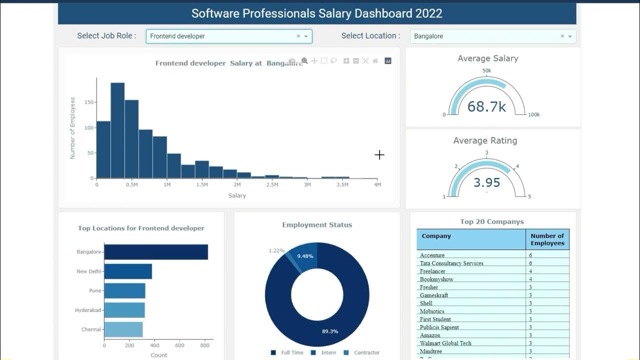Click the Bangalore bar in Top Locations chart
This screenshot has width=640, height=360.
[x=156, y=252]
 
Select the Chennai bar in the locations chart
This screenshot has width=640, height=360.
[x=123, y=329]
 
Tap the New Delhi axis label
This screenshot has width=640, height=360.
[x=88, y=271]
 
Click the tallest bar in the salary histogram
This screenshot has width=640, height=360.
[x=117, y=130]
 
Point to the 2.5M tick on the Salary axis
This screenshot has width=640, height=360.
[x=272, y=185]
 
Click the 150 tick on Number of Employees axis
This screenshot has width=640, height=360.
[x=88, y=102]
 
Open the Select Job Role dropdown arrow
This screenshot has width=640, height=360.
[x=306, y=36]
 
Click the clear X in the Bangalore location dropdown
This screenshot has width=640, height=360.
[x=562, y=36]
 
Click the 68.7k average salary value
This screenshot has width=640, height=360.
[x=486, y=106]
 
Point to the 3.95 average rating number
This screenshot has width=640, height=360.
[x=486, y=182]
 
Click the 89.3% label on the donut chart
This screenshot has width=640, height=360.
[x=330, y=331]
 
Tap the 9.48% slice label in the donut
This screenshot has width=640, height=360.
[x=305, y=256]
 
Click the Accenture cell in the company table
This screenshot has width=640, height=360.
[x=432, y=255]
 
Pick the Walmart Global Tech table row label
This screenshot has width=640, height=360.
[x=445, y=343]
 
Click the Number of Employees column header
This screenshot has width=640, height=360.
[x=547, y=239]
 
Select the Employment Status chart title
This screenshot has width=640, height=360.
[x=317, y=225]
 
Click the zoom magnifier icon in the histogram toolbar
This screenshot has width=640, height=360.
[x=304, y=61]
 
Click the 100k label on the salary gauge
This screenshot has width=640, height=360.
[x=534, y=114]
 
